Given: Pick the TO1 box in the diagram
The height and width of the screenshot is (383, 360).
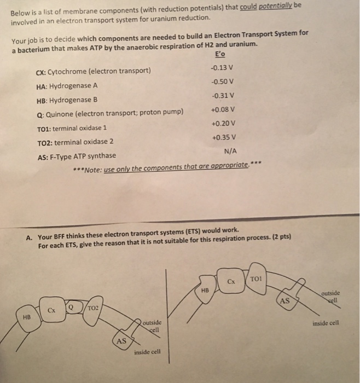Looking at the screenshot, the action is coord(256,278).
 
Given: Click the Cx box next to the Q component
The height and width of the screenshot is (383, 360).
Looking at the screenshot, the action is coord(51,310).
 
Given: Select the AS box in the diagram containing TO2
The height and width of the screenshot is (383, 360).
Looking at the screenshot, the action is coord(121,341).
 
